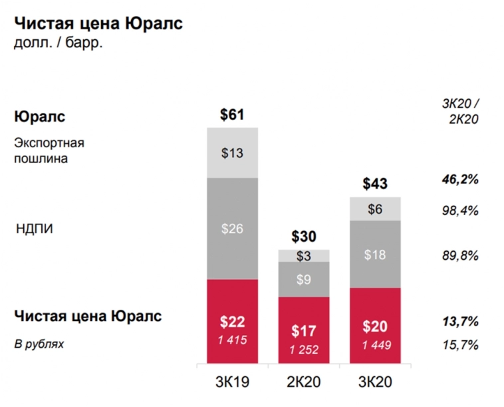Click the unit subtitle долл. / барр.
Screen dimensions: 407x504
(58, 45)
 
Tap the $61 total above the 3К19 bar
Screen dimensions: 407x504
(232, 115)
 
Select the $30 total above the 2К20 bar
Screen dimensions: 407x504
(304, 236)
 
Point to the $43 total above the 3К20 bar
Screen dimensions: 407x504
(375, 184)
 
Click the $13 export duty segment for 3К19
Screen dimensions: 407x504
(232, 153)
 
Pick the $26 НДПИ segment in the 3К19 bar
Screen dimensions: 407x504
(232, 228)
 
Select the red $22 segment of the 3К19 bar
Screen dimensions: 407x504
(232, 322)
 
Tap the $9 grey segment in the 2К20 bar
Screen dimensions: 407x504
(304, 280)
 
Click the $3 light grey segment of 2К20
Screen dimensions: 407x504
(304, 256)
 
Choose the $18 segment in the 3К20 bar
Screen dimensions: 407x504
(375, 254)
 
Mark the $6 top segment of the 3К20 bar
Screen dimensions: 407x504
(375, 208)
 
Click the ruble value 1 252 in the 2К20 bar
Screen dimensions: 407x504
(304, 350)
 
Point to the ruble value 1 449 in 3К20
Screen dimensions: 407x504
(375, 344)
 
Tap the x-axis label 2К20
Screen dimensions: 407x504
(304, 382)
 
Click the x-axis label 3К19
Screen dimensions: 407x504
(232, 382)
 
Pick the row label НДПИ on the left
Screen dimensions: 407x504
(34, 229)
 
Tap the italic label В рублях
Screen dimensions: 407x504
(40, 344)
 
